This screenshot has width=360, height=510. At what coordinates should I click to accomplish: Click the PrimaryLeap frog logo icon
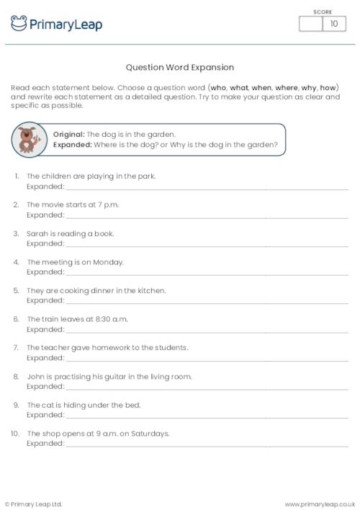(19, 24)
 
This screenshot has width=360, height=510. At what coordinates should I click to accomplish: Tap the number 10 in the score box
(333, 24)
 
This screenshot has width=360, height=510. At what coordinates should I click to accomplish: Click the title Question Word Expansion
(180, 68)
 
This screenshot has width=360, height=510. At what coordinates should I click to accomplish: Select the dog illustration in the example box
(30, 139)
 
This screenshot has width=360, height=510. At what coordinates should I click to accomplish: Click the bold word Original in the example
(68, 135)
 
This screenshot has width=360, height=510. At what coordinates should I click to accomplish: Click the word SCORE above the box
(323, 12)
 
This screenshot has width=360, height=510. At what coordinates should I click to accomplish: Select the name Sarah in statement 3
(37, 233)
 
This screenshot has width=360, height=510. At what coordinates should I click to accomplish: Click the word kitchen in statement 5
(152, 290)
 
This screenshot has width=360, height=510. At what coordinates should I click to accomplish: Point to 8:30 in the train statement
(89, 319)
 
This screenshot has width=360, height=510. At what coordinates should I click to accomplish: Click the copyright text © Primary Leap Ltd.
(34, 504)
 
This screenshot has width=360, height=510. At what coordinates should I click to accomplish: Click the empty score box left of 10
(311, 24)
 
